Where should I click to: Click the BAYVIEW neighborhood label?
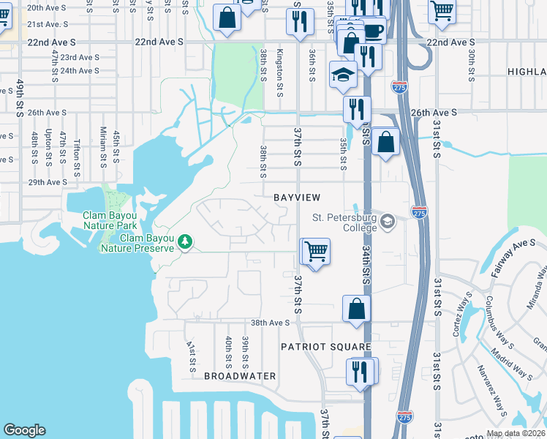pyautogui.click(x=297, y=198)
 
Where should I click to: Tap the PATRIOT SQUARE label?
pyautogui.click(x=329, y=347)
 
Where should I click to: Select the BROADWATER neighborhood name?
pyautogui.click(x=240, y=376)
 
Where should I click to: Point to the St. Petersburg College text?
pyautogui.click(x=344, y=222)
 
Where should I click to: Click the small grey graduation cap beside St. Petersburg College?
pyautogui.click(x=388, y=222)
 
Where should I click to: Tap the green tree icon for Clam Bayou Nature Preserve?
pyautogui.click(x=186, y=241)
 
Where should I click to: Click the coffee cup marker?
pyautogui.click(x=373, y=31)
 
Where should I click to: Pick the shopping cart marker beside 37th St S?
pyautogui.click(x=317, y=252)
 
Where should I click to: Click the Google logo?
pyautogui.click(x=24, y=431)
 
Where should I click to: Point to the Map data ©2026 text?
pyautogui.click(x=516, y=433)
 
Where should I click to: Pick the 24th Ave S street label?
pyautogui.click(x=80, y=71)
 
